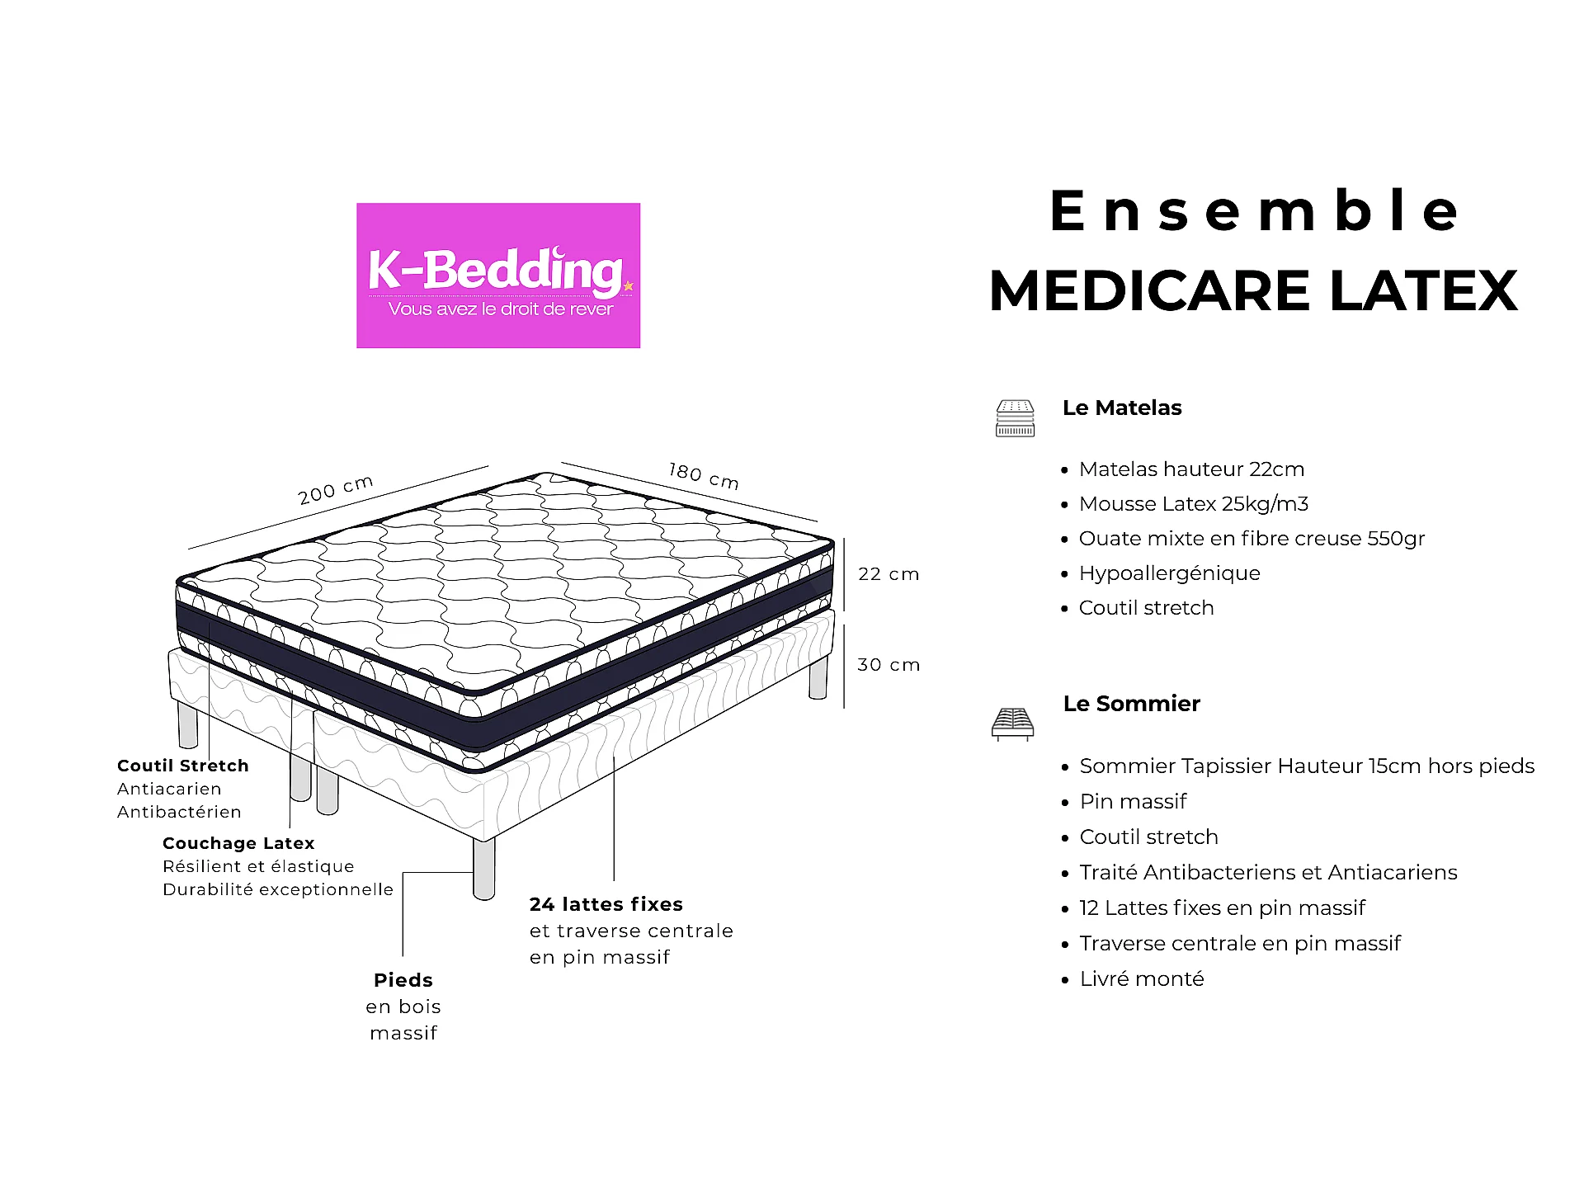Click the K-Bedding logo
[x=498, y=276]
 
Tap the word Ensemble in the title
[x=1255, y=211]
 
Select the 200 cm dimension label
[x=336, y=489]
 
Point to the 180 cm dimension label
[x=704, y=476]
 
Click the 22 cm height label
[x=889, y=574]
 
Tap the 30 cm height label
[x=889, y=665]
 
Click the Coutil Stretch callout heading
[x=183, y=766]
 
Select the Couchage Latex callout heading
[x=238, y=843]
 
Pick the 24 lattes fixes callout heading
[x=606, y=904]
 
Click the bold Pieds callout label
[x=403, y=980]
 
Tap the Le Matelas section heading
[x=1122, y=408]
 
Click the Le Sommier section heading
[x=1132, y=704]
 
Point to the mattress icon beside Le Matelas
[x=1015, y=418]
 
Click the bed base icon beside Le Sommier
[x=1012, y=724]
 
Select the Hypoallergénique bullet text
[x=1170, y=573]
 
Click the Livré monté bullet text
[x=1142, y=979]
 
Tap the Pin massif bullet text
[x=1134, y=802]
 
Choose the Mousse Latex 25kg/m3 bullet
[x=1194, y=504]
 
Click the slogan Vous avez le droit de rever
[x=501, y=309]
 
